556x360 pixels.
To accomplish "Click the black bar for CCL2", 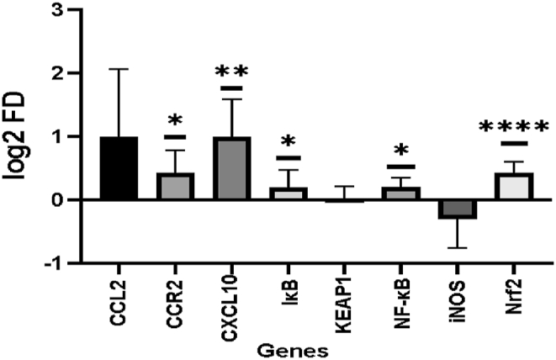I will [119, 168].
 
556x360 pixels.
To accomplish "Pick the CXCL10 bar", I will [231, 168].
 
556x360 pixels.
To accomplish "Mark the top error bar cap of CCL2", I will [119, 69].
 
